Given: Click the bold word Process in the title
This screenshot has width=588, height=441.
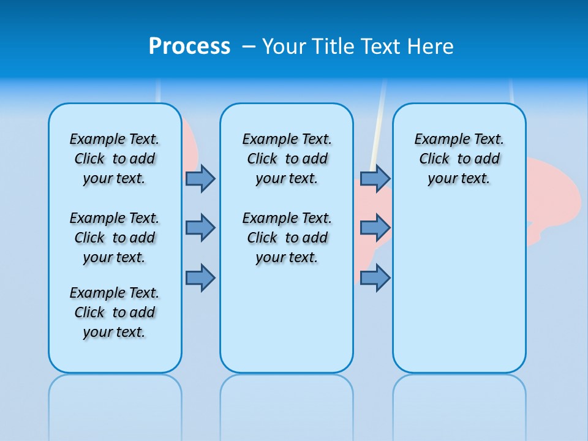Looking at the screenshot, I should coord(189,46).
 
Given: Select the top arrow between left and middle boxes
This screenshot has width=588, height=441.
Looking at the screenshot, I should coord(200,178).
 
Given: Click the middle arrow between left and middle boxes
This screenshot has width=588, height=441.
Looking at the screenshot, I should coord(200,228).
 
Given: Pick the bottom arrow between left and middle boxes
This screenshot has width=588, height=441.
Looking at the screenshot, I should coord(200,277).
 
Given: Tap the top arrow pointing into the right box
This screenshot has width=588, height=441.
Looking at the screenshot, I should coord(375,178).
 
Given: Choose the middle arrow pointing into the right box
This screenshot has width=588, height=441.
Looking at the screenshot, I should coord(375,228).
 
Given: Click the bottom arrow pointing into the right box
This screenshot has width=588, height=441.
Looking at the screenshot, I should coord(375,277).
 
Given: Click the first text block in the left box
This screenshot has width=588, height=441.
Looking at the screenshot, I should coord(115,159).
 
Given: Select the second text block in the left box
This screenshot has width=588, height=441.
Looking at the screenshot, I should coord(115,238).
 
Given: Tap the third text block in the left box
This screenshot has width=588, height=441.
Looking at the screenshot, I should coord(115,312).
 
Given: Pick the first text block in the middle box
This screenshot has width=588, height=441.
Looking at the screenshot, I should coord(287,159).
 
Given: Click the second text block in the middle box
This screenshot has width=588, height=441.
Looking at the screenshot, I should coord(287,238).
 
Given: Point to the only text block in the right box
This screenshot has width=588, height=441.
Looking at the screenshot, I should coord(459,159).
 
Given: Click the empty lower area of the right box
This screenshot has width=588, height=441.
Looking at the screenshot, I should coord(459,288).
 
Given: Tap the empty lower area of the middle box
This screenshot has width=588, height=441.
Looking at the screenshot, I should coord(287,318).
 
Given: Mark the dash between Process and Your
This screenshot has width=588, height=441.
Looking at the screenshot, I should coord(249,47).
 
